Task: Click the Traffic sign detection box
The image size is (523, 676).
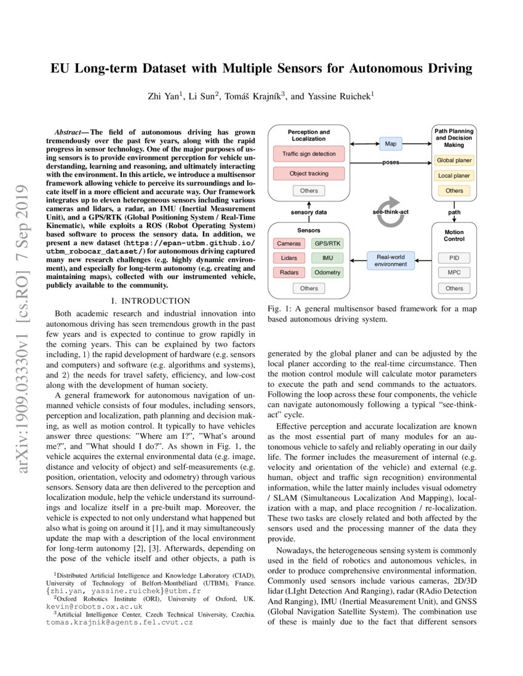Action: [x=309, y=154]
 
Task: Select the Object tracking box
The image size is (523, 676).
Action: [x=309, y=173]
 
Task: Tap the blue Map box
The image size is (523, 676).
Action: [x=390, y=144]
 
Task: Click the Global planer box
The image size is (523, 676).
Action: [x=454, y=160]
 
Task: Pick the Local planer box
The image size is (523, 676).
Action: [x=454, y=176]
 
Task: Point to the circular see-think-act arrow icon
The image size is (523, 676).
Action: [x=390, y=212]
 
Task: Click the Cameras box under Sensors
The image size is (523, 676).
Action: [x=289, y=243]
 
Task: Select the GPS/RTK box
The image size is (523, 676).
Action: [x=327, y=243]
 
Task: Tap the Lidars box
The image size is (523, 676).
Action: [x=289, y=257]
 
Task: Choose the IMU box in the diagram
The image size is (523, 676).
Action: [x=327, y=257]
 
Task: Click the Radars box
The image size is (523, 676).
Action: [x=289, y=272]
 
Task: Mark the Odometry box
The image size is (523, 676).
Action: [x=327, y=272]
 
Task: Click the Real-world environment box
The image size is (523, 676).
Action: [x=390, y=260]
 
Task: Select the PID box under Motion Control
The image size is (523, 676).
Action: [x=454, y=257]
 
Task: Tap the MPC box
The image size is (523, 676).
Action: [x=454, y=272]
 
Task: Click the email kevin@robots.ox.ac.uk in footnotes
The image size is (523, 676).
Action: [x=94, y=605]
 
